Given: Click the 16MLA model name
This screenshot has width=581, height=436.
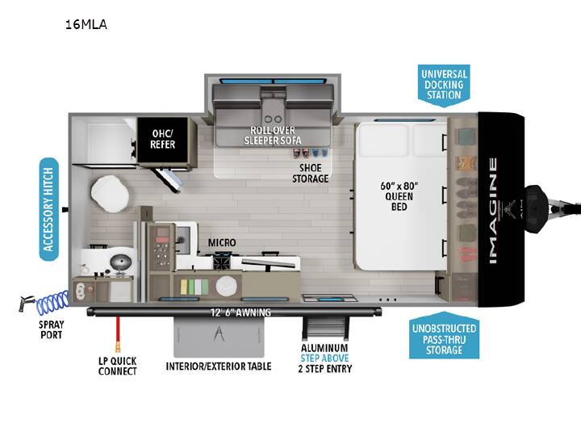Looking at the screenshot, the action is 86,24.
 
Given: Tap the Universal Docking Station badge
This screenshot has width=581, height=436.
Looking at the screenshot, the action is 444,85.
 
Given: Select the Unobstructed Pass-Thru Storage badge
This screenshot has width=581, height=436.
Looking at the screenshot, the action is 444,336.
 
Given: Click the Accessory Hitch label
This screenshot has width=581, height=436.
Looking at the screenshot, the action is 49,209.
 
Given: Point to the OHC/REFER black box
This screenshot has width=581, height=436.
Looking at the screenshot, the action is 163,140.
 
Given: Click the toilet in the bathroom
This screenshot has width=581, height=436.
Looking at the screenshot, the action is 110,194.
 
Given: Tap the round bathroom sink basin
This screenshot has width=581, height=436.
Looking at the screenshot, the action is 121,262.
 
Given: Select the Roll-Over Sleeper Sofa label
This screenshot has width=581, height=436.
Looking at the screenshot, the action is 273,136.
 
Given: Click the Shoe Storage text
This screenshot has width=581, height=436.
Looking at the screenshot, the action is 311,173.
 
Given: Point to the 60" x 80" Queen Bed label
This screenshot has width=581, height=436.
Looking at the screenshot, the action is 399,196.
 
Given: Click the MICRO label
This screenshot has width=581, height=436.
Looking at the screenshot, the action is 222,243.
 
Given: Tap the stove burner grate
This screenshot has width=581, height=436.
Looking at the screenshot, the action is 223,262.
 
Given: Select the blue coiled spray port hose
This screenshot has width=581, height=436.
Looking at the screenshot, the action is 52,302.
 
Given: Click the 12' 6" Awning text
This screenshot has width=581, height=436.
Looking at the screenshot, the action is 240,312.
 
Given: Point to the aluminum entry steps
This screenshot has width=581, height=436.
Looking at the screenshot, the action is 325,328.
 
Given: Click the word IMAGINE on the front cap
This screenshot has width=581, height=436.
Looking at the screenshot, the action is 493,211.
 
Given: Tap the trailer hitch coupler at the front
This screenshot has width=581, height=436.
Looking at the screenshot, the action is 536,209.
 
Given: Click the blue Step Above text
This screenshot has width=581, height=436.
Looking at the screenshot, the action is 324,358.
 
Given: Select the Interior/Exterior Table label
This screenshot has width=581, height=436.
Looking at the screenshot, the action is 219,367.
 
